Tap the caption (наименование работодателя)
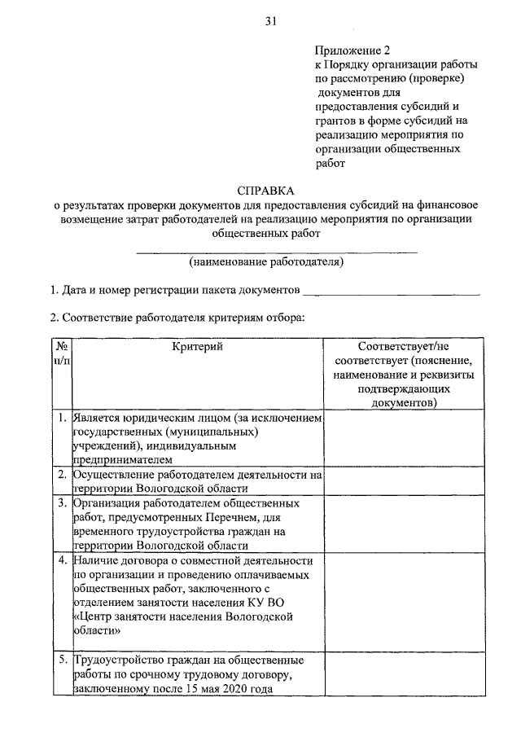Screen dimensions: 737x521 click(x=266, y=262)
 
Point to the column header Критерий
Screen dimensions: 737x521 click(x=197, y=348)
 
